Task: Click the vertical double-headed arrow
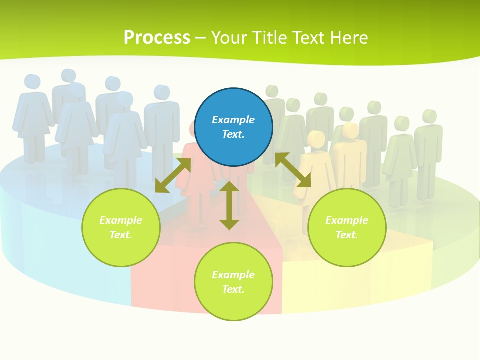tap(229, 205)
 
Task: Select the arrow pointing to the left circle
tap(173, 175)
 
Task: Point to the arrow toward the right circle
tap(293, 170)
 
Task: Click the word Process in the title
tap(157, 38)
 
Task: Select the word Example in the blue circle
tap(233, 120)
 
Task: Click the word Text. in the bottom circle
tap(233, 289)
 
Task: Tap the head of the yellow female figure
tap(316, 138)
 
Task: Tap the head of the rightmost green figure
tap(429, 116)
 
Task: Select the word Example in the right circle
tap(347, 220)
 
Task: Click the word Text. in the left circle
tap(121, 235)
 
